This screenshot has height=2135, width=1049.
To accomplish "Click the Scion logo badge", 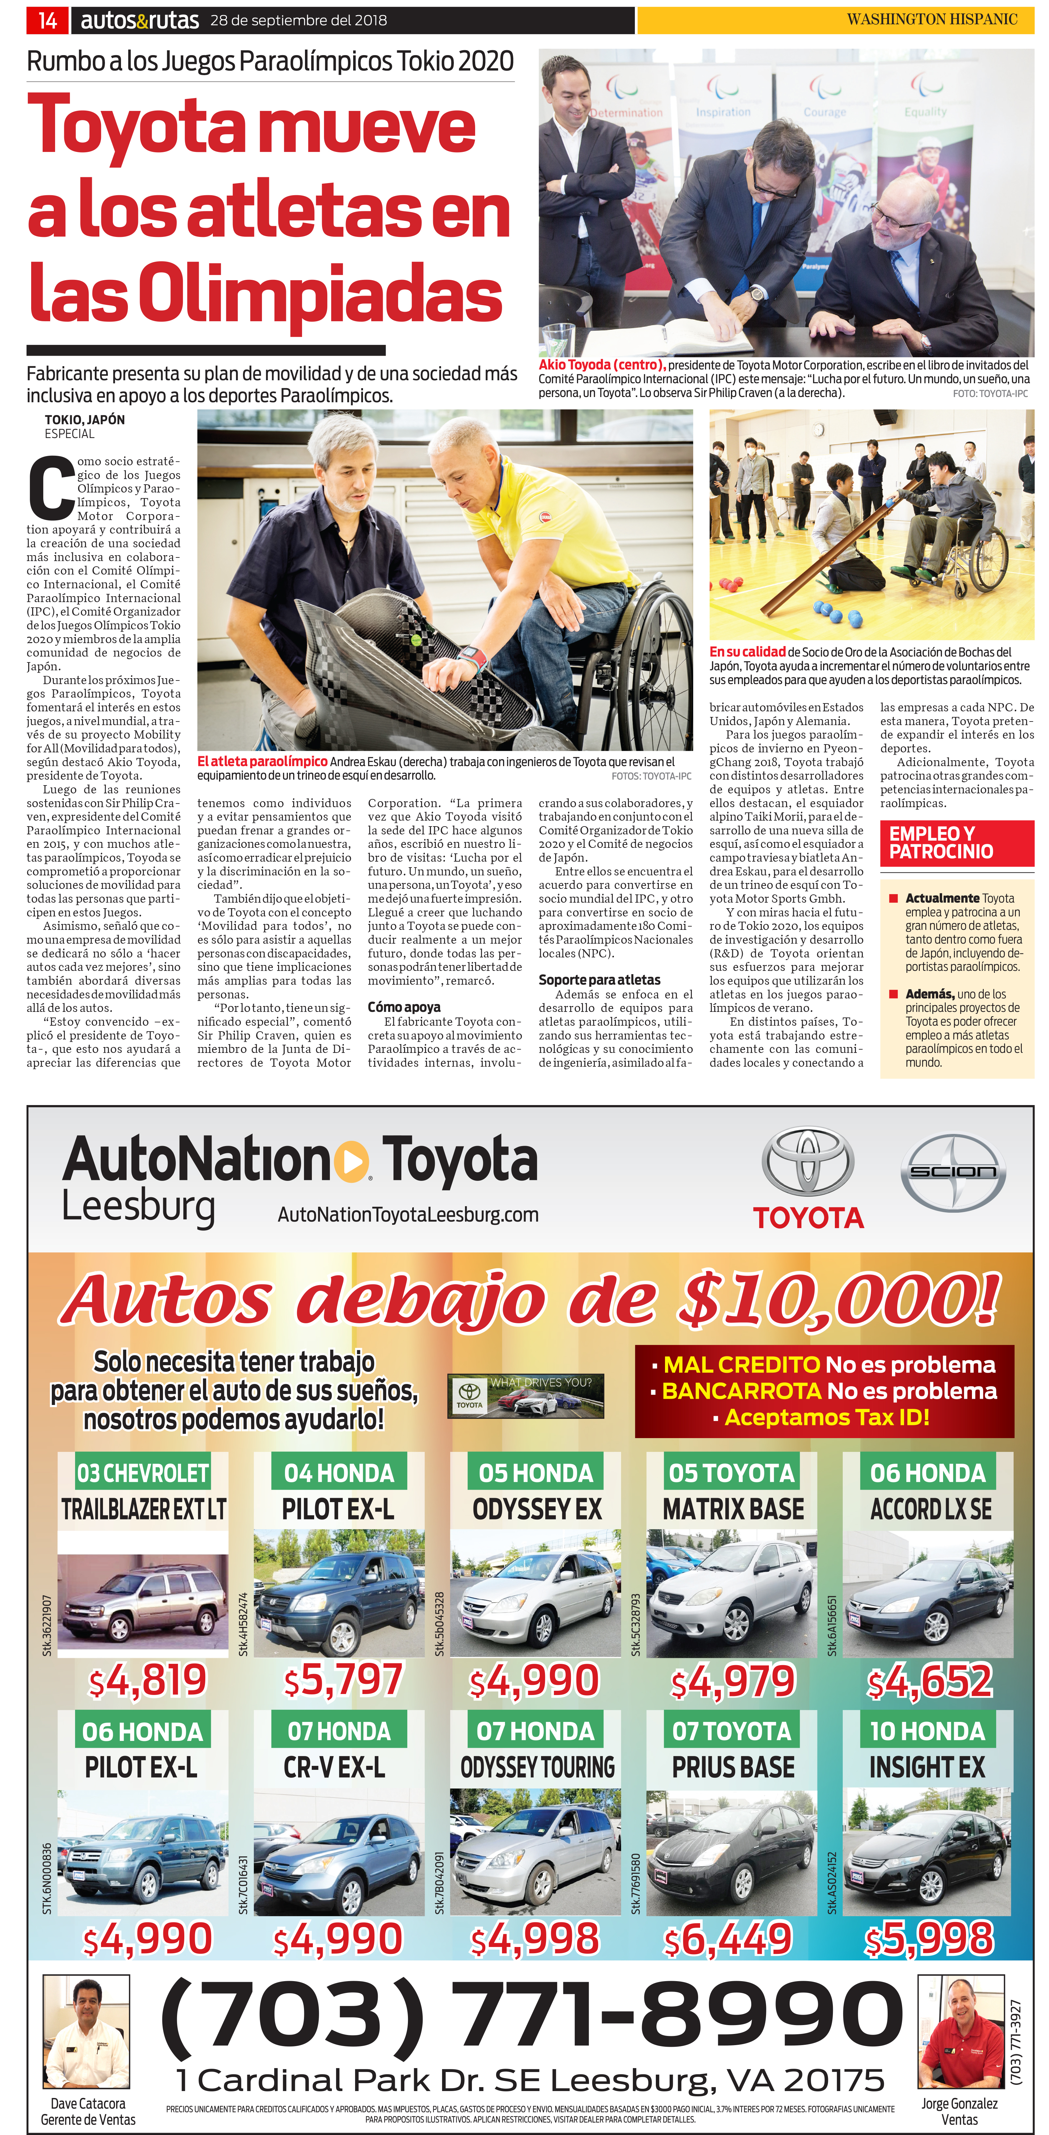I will click(953, 1172).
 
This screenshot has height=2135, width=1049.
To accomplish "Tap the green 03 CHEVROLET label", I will click(143, 1473).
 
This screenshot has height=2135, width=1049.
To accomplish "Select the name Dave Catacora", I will click(88, 2103).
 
